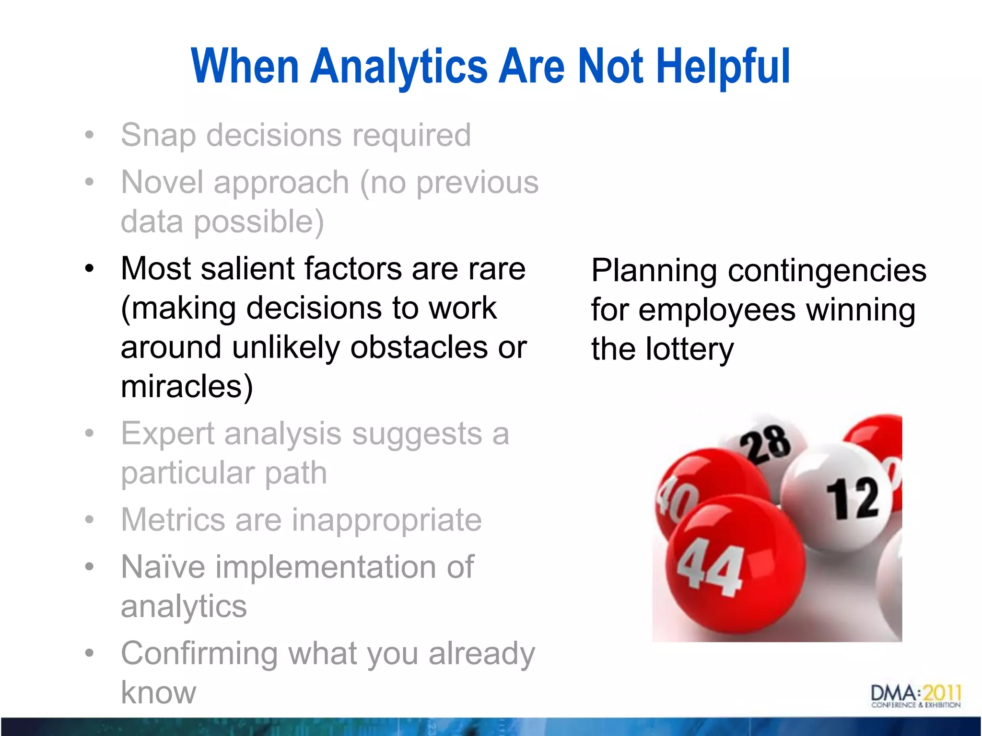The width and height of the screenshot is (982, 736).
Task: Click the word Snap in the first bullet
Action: [159, 136]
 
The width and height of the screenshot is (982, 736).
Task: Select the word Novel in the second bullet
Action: [163, 183]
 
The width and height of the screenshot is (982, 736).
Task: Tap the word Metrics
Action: [173, 520]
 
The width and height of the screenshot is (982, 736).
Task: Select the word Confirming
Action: [199, 654]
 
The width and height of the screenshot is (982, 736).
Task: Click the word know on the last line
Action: [159, 693]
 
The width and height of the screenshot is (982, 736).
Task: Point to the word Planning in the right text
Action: [654, 271]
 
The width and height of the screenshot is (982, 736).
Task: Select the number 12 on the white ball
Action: [853, 498]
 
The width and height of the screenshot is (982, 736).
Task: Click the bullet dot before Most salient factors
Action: [89, 269]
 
